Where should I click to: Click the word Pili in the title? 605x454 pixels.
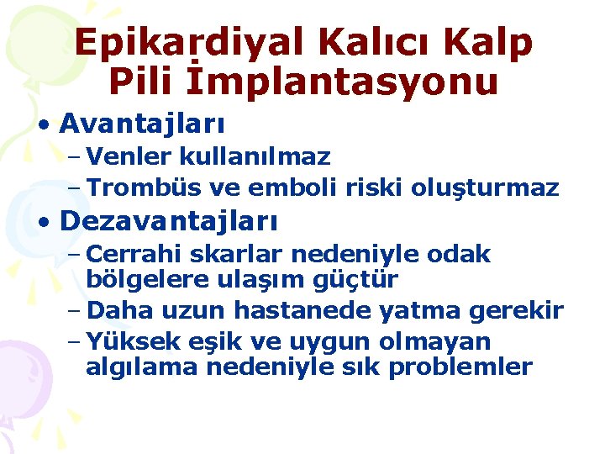[145, 82]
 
